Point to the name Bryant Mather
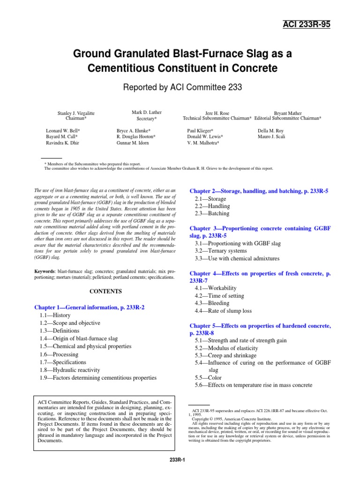tap(287, 113)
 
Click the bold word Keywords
tap(45, 271)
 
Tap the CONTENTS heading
tap(105, 291)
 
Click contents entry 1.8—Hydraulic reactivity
tap(69, 370)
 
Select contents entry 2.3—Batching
tap(212, 213)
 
